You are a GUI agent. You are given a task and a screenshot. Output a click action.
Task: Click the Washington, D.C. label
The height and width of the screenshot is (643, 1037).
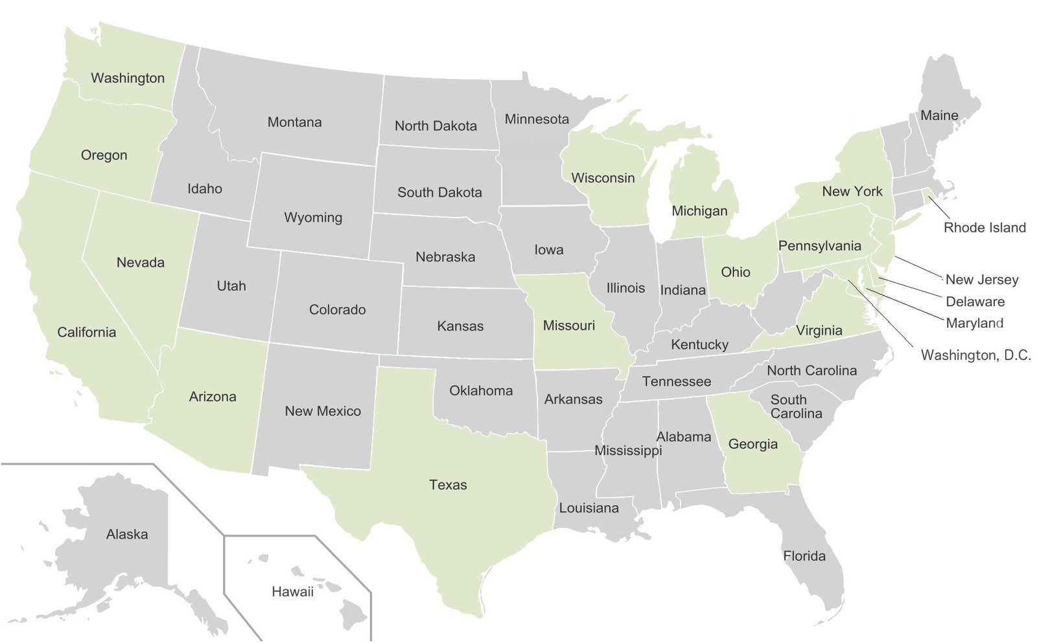coord(975,355)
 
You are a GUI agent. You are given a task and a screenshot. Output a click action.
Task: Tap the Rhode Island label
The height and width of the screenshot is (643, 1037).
coord(985,227)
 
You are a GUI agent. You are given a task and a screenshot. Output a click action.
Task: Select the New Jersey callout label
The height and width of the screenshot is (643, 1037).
coord(982,280)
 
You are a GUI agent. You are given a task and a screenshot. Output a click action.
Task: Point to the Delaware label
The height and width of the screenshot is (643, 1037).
coord(975,302)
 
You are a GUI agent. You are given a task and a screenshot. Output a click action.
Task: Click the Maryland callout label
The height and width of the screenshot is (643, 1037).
coord(974,323)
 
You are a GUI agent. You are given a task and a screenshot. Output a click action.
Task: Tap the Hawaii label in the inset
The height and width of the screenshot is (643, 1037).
coord(292,591)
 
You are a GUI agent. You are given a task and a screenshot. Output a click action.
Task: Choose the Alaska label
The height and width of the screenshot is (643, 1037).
coord(127,534)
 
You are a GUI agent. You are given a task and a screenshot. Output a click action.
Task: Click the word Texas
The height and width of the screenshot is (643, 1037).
coord(448,485)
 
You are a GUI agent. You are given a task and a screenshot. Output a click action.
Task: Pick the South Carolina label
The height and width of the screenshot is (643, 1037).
coord(795,407)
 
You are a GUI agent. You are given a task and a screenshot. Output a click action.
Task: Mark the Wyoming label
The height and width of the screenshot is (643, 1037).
coord(313,218)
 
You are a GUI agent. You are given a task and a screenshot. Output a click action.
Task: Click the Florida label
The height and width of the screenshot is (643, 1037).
coord(804,556)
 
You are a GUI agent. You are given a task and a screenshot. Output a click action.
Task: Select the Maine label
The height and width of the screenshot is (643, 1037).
coord(939,116)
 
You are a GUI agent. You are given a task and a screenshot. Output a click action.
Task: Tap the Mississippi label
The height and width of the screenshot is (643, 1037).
coord(628,450)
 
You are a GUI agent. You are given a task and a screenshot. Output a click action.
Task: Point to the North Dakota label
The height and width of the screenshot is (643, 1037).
coord(436,126)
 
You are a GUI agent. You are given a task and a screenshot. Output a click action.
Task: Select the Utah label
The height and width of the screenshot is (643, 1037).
coord(231,286)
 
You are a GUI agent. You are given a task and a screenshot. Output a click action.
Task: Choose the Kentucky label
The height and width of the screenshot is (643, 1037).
coord(699,344)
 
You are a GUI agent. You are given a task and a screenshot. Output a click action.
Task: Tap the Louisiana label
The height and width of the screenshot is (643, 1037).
coord(588,508)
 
